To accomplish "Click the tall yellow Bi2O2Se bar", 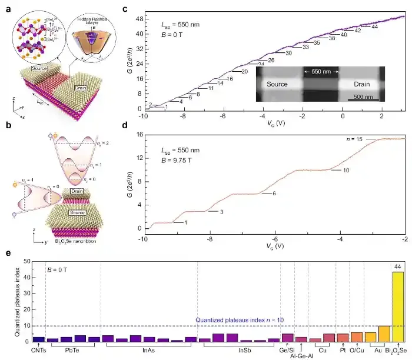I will [398, 306].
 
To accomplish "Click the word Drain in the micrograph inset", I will [361, 84].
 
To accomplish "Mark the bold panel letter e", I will [7, 253].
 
